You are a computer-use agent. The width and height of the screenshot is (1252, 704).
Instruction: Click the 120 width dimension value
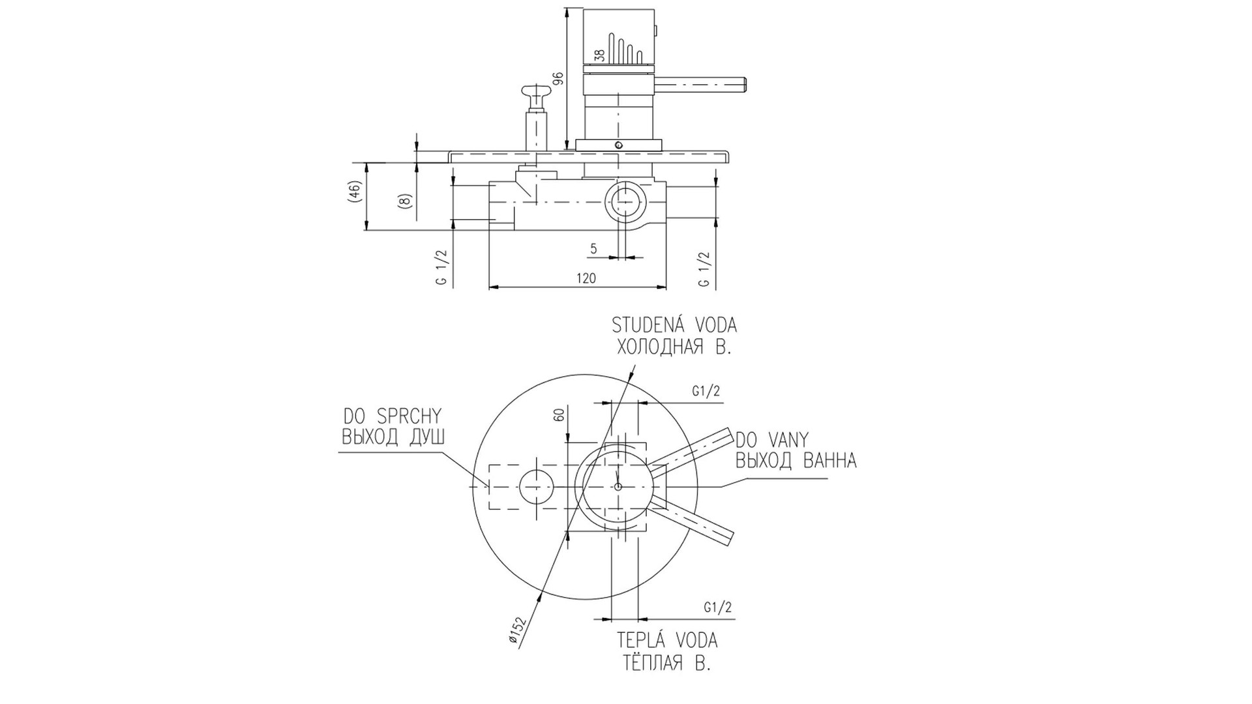[x=586, y=278]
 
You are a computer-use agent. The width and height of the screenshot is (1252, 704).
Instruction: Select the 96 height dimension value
[x=558, y=79]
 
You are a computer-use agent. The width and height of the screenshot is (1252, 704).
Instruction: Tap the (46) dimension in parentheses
[x=355, y=193]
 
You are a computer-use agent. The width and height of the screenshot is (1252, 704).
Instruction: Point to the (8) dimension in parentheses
[x=404, y=201]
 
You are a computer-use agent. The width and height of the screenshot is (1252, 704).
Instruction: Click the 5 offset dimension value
[x=593, y=248]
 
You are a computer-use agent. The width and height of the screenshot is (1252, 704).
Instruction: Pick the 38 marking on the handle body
[x=601, y=56]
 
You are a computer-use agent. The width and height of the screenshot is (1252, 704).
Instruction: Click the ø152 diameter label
[x=516, y=630]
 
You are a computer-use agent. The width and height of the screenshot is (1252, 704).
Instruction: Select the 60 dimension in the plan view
[x=558, y=415]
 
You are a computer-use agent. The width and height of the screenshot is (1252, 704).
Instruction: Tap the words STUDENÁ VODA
[x=674, y=325]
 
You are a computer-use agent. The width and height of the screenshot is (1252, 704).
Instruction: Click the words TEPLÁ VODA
[x=667, y=640]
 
